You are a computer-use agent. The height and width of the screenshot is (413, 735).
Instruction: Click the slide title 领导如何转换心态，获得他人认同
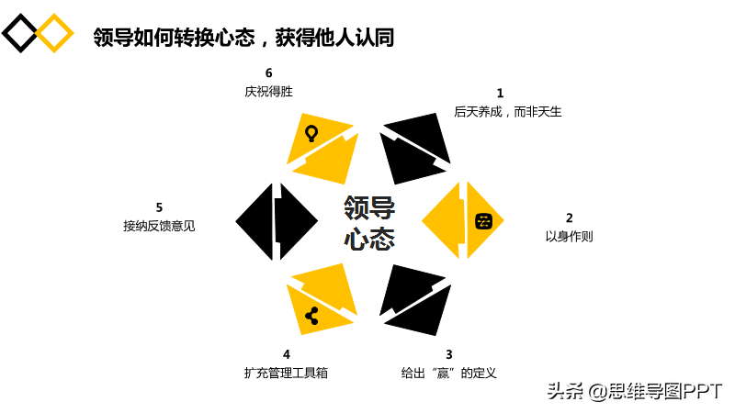(x=243, y=38)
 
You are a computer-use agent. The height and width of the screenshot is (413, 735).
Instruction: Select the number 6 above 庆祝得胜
(x=268, y=73)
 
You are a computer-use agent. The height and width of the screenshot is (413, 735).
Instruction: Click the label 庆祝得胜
(x=268, y=91)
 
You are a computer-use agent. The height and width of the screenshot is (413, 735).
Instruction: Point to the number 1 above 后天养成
(x=500, y=94)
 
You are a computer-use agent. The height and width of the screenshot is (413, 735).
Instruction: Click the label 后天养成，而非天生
(x=508, y=112)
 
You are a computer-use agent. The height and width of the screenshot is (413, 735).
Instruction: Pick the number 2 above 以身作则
(x=569, y=218)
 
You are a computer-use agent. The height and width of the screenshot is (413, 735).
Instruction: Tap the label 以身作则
(x=569, y=237)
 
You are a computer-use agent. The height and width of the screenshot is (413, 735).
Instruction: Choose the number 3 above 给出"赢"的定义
(x=449, y=354)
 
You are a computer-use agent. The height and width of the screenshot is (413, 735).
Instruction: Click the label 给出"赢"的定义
(x=448, y=373)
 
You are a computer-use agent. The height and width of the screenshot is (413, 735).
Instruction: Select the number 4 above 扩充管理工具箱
(x=287, y=354)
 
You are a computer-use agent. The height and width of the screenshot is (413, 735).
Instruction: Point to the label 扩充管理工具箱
(x=286, y=373)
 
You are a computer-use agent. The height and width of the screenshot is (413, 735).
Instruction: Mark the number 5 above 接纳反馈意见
(x=159, y=207)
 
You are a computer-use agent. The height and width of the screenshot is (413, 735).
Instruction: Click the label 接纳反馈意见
(x=159, y=226)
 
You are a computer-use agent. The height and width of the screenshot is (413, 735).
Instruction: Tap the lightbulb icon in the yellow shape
(x=311, y=133)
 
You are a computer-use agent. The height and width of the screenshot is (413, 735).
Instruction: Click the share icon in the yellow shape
(x=311, y=316)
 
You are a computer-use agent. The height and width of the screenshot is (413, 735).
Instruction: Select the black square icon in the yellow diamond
(x=484, y=221)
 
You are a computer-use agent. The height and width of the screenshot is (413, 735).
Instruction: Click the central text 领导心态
(x=369, y=223)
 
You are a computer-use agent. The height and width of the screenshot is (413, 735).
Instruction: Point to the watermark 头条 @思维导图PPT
(x=635, y=392)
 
